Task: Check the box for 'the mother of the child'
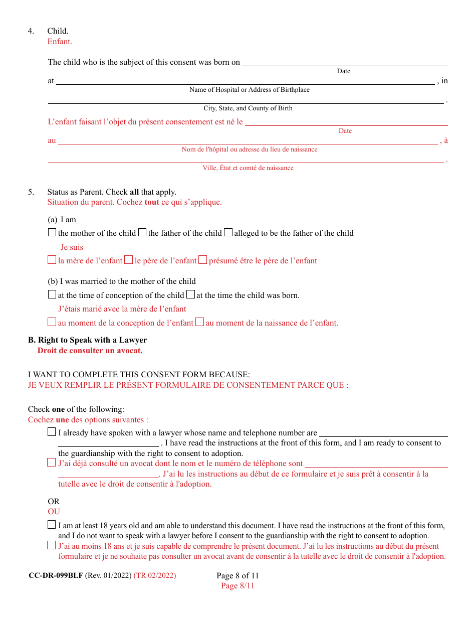coord(52,233)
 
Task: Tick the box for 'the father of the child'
coord(142,233)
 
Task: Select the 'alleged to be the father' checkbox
coord(228,233)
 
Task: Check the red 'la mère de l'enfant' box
coord(52,260)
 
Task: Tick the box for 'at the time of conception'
coord(52,295)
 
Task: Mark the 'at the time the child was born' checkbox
coord(191,295)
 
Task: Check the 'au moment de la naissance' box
coord(199,323)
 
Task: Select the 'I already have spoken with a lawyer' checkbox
coord(52,432)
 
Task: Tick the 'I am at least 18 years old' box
coord(52,525)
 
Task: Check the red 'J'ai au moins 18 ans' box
coord(52,546)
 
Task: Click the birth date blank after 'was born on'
coord(345,62)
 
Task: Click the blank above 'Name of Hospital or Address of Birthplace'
coord(245,81)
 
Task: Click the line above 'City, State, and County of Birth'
coord(246,100)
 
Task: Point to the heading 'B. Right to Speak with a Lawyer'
coord(87,340)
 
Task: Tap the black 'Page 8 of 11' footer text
coord(237,576)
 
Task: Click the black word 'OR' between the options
coord(54,502)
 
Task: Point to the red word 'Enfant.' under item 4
coord(60,42)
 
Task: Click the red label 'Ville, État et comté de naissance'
coord(248,168)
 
